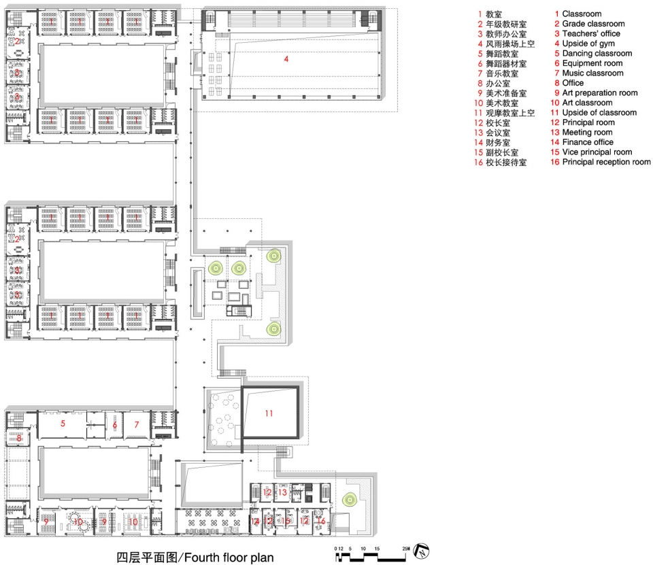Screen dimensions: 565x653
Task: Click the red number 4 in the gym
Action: click(x=286, y=59)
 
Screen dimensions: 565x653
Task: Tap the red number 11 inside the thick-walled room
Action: click(x=269, y=413)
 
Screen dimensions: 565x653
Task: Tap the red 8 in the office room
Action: click(x=19, y=439)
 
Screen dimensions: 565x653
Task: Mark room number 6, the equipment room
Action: click(x=115, y=424)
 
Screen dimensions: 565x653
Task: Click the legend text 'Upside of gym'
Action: click(x=589, y=44)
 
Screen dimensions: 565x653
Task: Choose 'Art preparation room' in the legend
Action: click(x=599, y=93)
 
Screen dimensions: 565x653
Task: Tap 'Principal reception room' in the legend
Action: click(x=606, y=162)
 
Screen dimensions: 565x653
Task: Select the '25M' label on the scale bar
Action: click(x=405, y=548)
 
